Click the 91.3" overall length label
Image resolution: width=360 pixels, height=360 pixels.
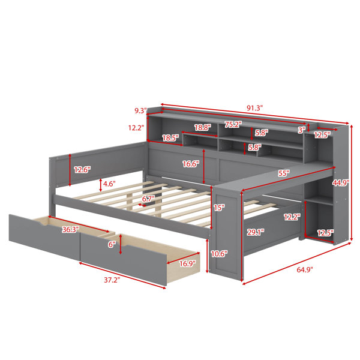coord(254,107)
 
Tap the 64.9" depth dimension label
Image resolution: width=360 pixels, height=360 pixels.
coord(305,269)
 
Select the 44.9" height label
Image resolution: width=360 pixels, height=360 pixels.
coord(341,183)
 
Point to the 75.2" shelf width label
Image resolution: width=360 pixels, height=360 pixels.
coord(233,124)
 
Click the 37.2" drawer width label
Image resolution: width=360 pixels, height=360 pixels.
coord(112,280)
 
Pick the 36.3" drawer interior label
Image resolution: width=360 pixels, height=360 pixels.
coord(70,229)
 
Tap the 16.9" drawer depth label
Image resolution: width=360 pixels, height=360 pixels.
coord(187,263)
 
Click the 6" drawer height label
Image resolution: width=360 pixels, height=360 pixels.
coord(112,245)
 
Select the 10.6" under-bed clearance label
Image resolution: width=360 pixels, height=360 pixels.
coord(219,254)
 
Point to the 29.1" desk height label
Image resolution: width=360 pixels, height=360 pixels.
coord(256,232)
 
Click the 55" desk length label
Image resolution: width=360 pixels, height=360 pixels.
coord(284,173)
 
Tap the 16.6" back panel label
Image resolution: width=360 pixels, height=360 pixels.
coord(191,164)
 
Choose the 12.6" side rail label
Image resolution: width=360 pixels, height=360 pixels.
coord(82,170)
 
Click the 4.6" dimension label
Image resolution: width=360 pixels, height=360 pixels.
coord(109,184)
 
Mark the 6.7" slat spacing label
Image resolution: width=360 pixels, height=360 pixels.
coord(148,199)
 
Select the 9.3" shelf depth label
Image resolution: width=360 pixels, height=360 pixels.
coord(140,111)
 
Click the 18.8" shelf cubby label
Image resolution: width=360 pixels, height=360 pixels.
coord(203,128)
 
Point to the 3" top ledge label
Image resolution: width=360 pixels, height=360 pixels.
coord(301,130)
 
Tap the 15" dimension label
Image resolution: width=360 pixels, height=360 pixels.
coord(219,208)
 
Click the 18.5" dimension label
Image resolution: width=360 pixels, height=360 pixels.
coord(170,138)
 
